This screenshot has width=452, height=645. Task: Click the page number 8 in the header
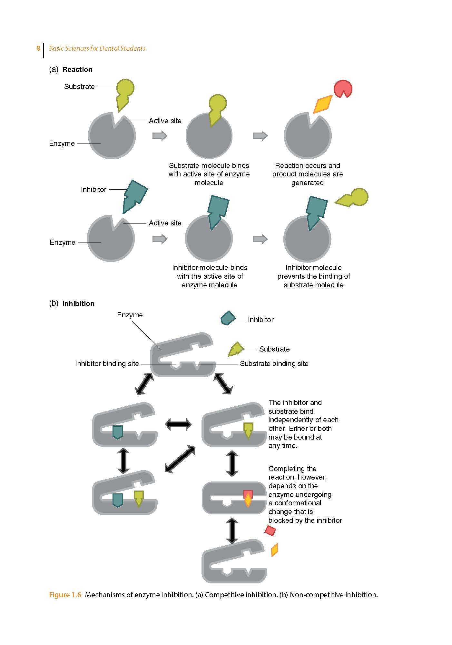click(x=38, y=48)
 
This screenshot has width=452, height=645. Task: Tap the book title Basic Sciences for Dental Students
click(x=97, y=48)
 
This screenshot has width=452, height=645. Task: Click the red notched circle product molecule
click(x=342, y=88)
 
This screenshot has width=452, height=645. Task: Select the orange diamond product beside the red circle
click(x=323, y=104)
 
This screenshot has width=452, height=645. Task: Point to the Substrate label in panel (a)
click(x=79, y=86)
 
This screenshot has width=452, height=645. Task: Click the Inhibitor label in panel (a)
click(x=93, y=189)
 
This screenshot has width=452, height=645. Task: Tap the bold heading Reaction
click(x=77, y=69)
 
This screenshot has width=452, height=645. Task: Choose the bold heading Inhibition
click(x=78, y=303)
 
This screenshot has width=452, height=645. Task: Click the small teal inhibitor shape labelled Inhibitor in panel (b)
click(x=228, y=318)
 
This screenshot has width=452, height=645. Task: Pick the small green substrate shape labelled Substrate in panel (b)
click(x=235, y=349)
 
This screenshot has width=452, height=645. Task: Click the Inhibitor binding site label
click(x=107, y=363)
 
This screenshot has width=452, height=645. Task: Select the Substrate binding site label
click(x=274, y=363)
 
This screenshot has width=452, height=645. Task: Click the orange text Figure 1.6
click(x=65, y=595)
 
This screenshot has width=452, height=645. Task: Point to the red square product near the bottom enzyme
click(x=270, y=531)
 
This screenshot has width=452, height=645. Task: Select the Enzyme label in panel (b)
click(x=130, y=315)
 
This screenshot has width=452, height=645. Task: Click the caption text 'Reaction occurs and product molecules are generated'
click(x=307, y=174)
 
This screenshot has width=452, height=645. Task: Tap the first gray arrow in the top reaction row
click(x=160, y=135)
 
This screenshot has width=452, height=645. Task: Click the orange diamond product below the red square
click(x=274, y=550)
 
